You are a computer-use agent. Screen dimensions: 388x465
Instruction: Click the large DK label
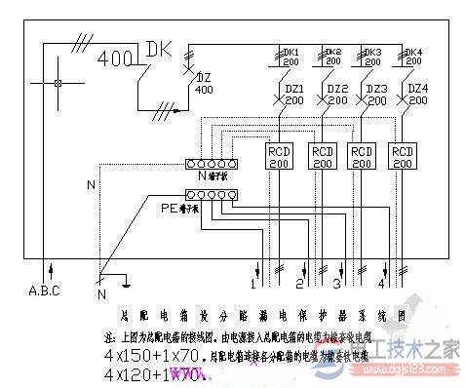point(159,50)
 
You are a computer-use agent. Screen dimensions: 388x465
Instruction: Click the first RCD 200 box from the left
point(280,158)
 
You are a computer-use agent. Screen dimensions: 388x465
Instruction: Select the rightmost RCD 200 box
point(403,158)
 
